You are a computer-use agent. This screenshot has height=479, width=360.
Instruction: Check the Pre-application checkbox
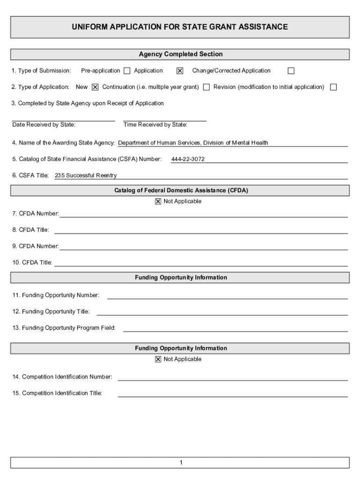[127, 71]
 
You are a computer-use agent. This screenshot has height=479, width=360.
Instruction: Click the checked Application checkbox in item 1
[180, 71]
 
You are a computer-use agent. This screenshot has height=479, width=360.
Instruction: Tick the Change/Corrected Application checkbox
[291, 71]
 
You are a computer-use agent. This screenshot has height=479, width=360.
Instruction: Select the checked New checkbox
[95, 87]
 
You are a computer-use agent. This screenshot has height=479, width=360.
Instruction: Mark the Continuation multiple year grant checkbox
[206, 87]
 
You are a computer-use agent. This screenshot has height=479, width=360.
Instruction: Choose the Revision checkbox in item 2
[333, 87]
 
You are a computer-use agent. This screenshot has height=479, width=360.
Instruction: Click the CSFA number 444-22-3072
[188, 160]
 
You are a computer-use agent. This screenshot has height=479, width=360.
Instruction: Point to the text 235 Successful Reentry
[86, 176]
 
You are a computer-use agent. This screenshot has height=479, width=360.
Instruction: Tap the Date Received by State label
[44, 125]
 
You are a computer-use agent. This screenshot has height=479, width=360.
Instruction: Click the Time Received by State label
[155, 125]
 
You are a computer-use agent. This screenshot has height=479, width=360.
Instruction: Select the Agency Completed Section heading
[180, 54]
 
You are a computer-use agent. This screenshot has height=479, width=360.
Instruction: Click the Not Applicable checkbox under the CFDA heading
[158, 202]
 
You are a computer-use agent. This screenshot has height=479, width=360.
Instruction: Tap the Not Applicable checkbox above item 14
[158, 359]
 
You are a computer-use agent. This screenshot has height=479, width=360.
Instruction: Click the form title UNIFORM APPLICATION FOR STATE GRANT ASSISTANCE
[180, 27]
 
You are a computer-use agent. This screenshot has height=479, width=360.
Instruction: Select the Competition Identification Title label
[58, 393]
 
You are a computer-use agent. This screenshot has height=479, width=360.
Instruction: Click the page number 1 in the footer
[180, 463]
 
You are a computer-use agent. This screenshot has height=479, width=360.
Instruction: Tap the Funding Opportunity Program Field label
[64, 328]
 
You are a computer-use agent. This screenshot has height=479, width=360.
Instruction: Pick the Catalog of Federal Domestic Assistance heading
[181, 190]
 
